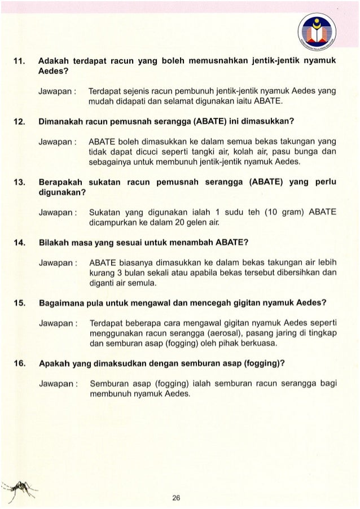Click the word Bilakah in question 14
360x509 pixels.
click(x=53, y=243)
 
